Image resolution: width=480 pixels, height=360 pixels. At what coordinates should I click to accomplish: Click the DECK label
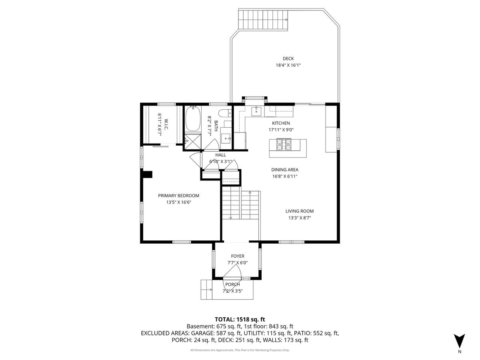[x=288, y=59]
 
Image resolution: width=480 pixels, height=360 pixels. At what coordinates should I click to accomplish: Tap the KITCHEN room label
[x=281, y=123]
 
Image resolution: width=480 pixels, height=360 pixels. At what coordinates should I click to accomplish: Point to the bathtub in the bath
[x=193, y=119]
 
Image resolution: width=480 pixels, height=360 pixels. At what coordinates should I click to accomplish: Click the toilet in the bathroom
[x=224, y=112]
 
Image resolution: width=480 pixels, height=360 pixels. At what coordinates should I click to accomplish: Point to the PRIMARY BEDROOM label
[x=178, y=196]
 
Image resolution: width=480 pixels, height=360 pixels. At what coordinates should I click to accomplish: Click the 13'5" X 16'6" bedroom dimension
[x=178, y=202]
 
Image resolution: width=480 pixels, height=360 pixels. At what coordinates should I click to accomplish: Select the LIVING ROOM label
[x=299, y=211]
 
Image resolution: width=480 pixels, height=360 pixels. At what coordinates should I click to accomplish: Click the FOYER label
[x=237, y=256]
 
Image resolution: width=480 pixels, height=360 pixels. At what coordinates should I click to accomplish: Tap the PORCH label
[x=232, y=284]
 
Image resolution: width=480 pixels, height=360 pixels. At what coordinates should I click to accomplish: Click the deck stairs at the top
[x=263, y=20]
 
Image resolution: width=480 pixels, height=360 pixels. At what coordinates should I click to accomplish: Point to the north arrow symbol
[x=460, y=341]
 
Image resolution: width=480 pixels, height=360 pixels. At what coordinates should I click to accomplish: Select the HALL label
[x=220, y=155]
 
